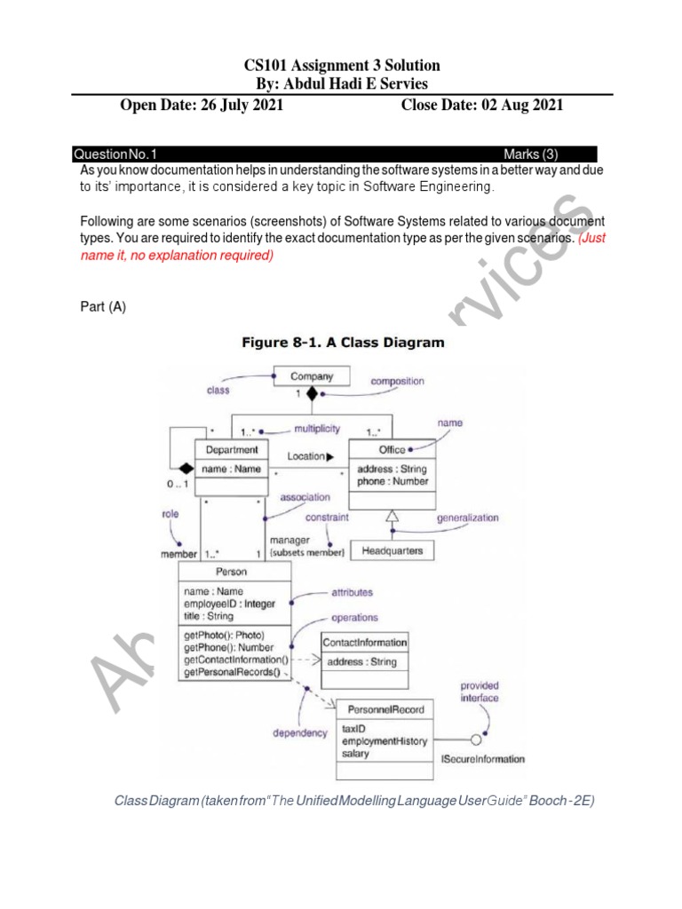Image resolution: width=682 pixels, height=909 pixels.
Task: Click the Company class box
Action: [x=312, y=377]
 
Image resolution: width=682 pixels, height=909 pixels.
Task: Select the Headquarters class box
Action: [x=392, y=550]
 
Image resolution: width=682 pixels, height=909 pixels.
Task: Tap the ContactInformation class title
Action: [x=365, y=642]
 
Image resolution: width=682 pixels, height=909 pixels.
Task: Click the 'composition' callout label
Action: [x=398, y=382]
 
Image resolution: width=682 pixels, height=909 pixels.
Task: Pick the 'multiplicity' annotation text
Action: [x=317, y=428]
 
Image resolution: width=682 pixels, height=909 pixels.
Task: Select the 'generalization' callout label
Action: [x=467, y=518]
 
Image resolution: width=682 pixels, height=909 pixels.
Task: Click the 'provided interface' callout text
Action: [x=480, y=692]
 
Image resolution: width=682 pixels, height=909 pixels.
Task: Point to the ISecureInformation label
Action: [x=483, y=759]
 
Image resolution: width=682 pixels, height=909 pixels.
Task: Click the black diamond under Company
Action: [x=311, y=393]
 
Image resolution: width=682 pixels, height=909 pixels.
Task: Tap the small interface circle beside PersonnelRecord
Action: [x=477, y=739]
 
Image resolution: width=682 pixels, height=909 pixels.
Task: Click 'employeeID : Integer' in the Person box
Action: [x=229, y=604]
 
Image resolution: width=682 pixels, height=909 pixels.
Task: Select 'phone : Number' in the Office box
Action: [x=392, y=481]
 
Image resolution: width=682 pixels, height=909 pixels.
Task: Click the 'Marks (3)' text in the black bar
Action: [x=531, y=154]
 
